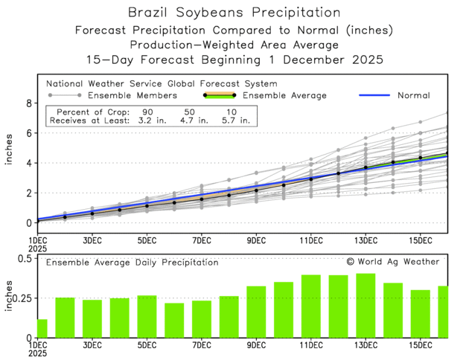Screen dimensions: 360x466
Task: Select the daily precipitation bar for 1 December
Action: (x=42, y=328)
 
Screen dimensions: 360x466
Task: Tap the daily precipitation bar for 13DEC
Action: (x=366, y=305)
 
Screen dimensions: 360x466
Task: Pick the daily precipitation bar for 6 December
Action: (x=174, y=320)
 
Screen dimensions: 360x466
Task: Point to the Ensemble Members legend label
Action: (x=133, y=95)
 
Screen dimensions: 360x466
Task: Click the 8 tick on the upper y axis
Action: (x=31, y=103)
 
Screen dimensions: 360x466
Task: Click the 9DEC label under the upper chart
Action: (x=256, y=241)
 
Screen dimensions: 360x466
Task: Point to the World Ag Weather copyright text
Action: (x=393, y=262)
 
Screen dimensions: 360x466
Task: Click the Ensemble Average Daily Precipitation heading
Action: (x=133, y=262)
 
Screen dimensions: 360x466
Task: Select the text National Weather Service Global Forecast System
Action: (x=162, y=83)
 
